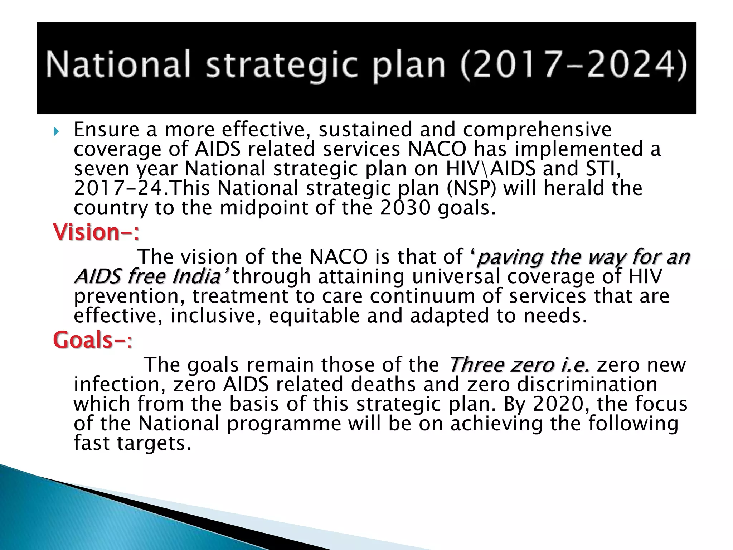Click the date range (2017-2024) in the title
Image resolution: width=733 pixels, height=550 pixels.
click(573, 65)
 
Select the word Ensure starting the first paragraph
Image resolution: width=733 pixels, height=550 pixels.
click(106, 130)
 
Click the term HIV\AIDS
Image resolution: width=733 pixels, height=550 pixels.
click(490, 169)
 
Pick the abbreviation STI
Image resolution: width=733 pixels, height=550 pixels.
click(603, 169)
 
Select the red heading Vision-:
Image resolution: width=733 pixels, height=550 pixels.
click(96, 232)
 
